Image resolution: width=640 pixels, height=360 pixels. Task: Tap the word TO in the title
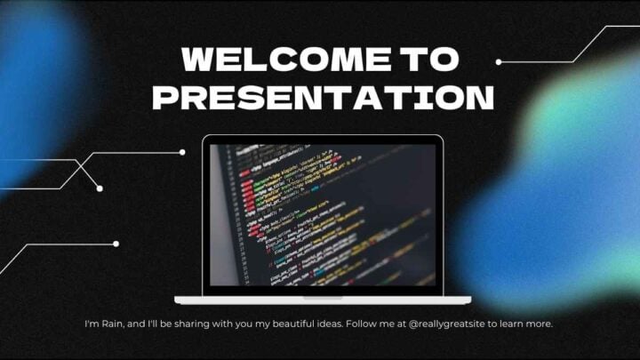click(x=428, y=60)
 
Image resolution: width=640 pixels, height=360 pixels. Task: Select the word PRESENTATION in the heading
click(x=323, y=96)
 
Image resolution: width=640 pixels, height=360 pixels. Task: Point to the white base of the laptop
click(x=322, y=300)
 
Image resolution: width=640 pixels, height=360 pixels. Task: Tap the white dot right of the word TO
click(x=499, y=62)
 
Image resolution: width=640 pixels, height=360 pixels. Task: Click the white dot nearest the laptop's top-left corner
click(x=182, y=152)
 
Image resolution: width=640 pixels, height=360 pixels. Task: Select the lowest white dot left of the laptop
click(x=116, y=244)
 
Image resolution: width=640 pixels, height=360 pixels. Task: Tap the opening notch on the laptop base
click(x=322, y=297)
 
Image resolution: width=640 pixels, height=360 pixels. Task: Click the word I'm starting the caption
click(x=92, y=324)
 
